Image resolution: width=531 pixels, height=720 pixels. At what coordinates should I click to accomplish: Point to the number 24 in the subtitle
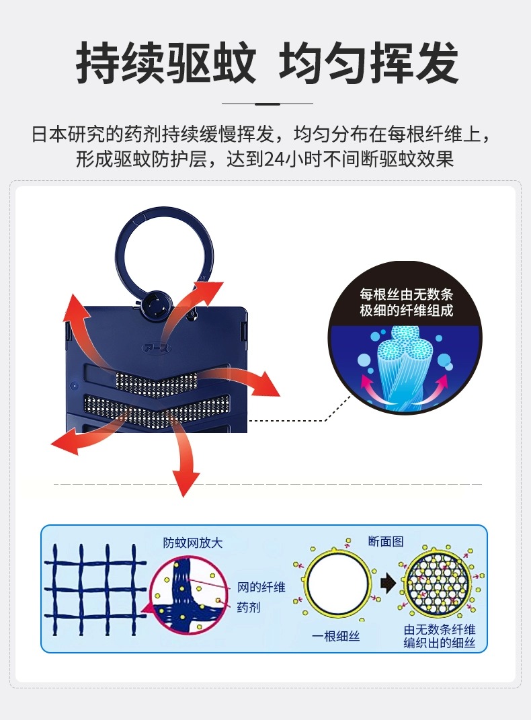(x=275, y=159)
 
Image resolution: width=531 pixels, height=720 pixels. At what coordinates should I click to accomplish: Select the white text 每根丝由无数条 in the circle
(x=406, y=294)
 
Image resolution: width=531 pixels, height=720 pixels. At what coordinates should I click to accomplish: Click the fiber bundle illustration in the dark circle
(x=405, y=365)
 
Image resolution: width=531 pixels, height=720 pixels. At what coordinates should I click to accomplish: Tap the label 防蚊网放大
(x=193, y=543)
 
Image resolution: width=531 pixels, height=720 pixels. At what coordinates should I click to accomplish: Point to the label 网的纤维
(x=261, y=587)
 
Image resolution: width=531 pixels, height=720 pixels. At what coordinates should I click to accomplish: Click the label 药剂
(x=248, y=607)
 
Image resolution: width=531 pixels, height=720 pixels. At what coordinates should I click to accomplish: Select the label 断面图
(x=386, y=541)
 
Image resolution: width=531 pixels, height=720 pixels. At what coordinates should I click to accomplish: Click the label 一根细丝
(x=335, y=636)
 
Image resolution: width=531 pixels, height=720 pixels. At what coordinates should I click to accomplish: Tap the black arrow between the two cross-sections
(x=389, y=584)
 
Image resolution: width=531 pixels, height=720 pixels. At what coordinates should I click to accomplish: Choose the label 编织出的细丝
(x=439, y=643)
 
